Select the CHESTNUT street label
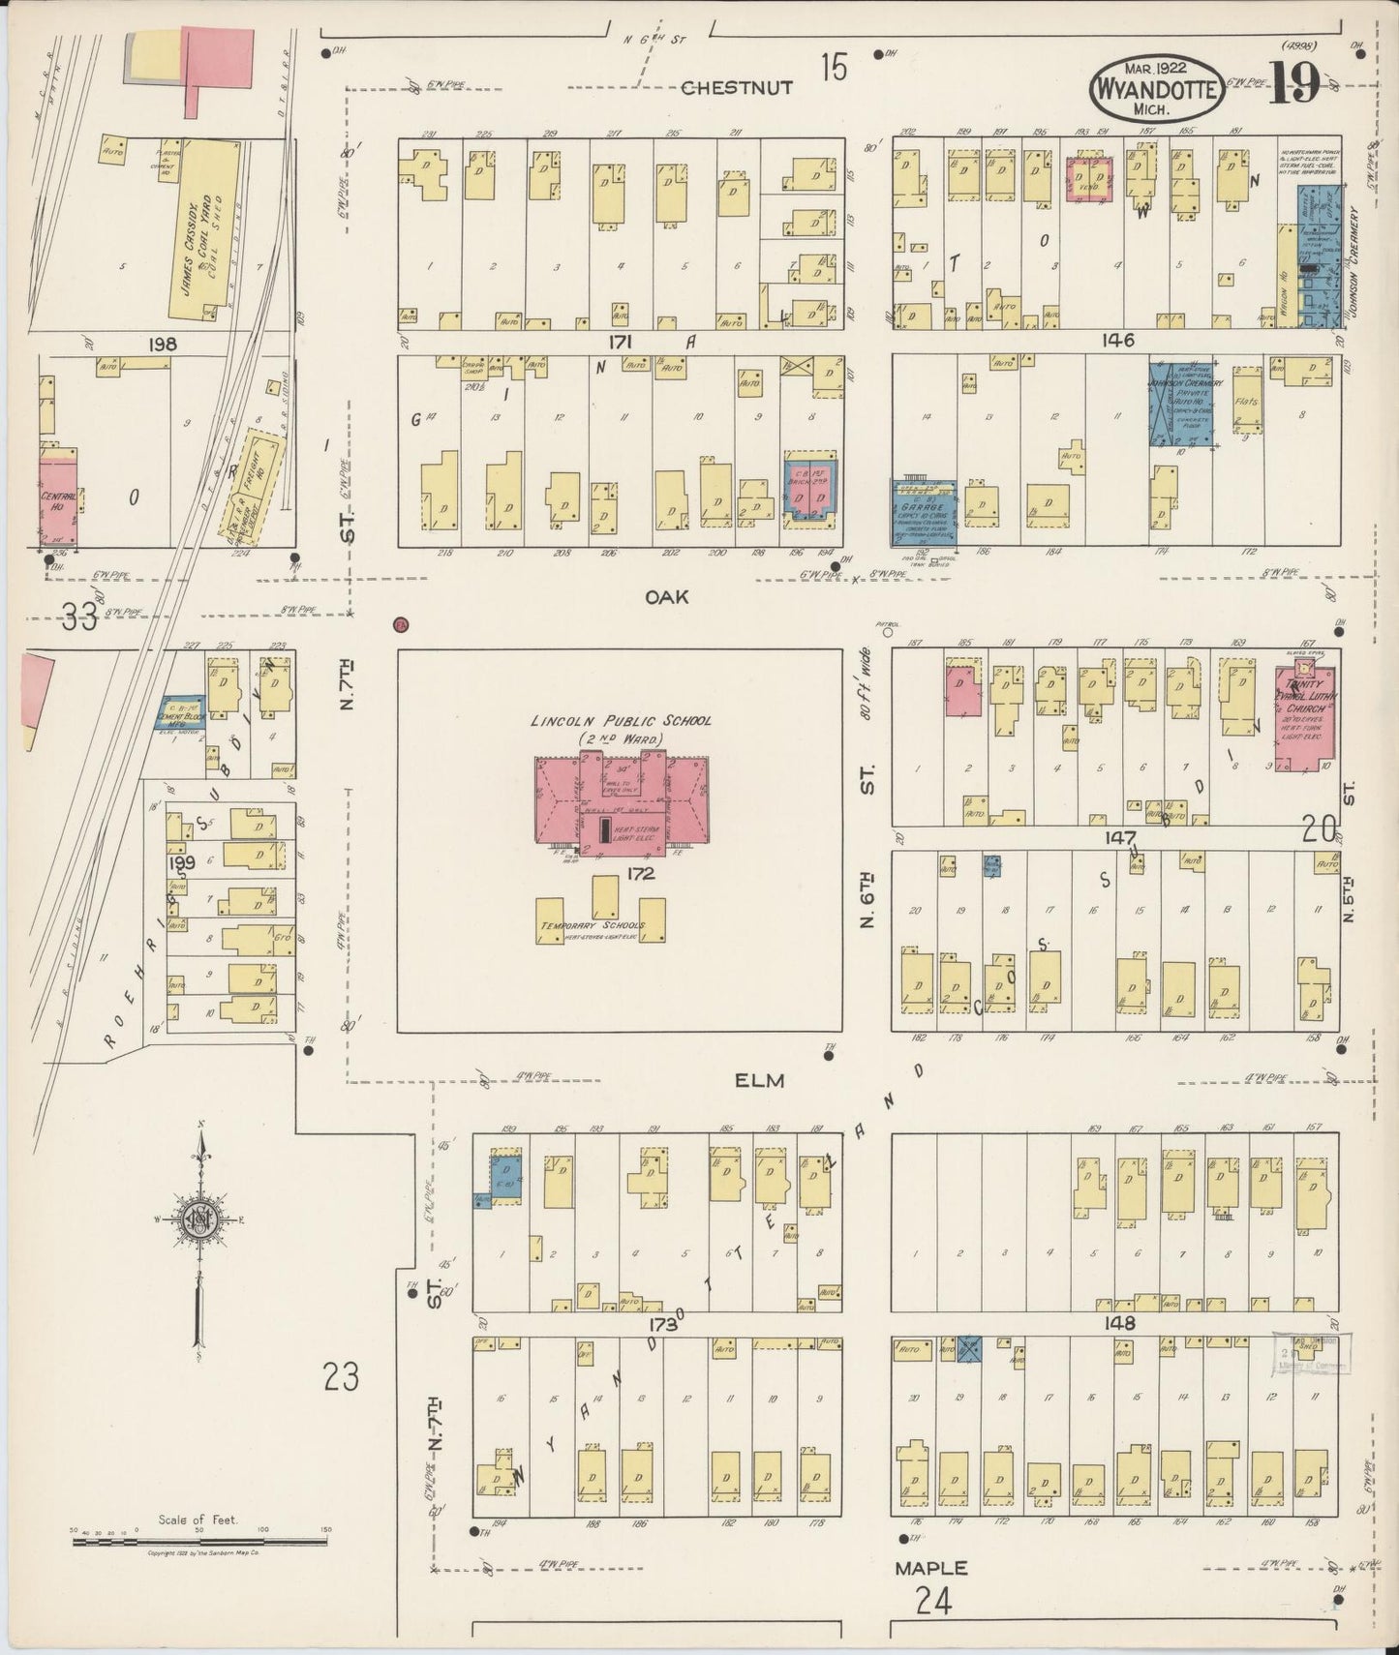coord(737,88)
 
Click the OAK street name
coord(667,597)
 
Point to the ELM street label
coord(758,1080)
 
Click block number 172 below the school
coord(640,874)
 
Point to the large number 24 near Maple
coord(932,1604)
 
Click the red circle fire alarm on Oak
coord(401,624)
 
